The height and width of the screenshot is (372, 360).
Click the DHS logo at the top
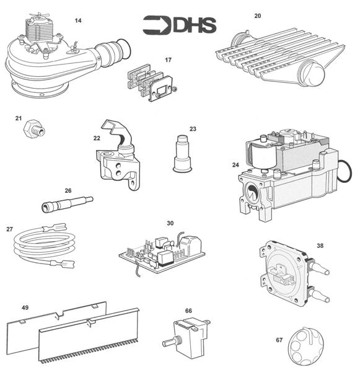pyautogui.click(x=179, y=25)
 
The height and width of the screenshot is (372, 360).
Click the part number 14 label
pyautogui.click(x=77, y=20)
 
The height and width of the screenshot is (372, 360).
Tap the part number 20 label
pyautogui.click(x=258, y=15)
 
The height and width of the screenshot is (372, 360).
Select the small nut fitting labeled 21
pyautogui.click(x=32, y=130)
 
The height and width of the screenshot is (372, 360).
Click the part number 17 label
pyautogui.click(x=168, y=60)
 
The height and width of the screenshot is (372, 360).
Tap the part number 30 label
pyautogui.click(x=170, y=223)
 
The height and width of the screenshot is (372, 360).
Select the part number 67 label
pyautogui.click(x=279, y=340)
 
